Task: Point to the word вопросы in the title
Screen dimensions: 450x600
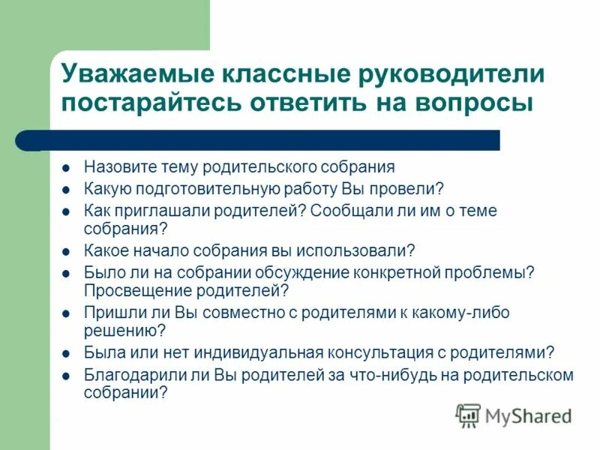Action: point(476,103)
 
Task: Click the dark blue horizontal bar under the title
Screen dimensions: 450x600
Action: point(262,140)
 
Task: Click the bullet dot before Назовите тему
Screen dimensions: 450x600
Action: point(66,168)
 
